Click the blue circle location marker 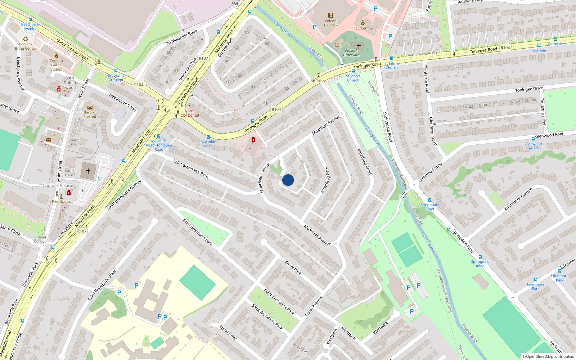click(x=288, y=180)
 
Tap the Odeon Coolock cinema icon click(x=330, y=15)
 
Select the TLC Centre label click(x=363, y=28)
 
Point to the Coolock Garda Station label click(x=56, y=65)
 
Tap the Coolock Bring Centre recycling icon click(x=26, y=39)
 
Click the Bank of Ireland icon click(x=90, y=107)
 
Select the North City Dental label click(x=190, y=113)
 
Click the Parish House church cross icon click(x=88, y=171)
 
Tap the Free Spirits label click(x=61, y=202)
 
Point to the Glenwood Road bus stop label click(x=533, y=146)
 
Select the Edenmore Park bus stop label click(x=559, y=278)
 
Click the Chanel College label click(x=40, y=239)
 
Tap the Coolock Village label click(x=58, y=185)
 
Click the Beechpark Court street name click(x=123, y=103)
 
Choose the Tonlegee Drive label click(x=529, y=89)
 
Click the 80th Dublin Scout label click(x=70, y=83)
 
